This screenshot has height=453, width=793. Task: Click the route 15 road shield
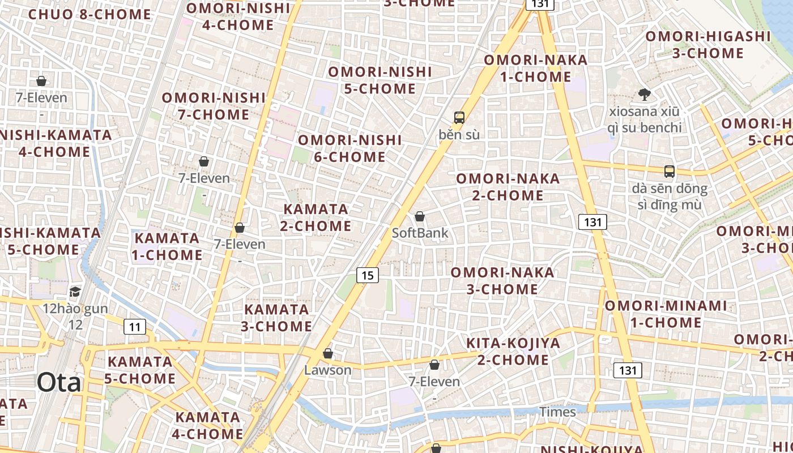[368, 275]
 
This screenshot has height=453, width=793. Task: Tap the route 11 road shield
[134, 327]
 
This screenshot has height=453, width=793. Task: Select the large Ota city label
[59, 383]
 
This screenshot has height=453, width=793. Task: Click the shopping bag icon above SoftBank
[420, 216]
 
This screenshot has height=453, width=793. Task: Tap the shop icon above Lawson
[327, 353]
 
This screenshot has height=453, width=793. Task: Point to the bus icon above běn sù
[459, 118]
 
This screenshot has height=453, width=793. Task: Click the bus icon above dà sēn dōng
[670, 171]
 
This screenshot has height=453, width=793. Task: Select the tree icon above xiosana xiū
[644, 95]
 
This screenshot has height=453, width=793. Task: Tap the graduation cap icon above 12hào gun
[75, 292]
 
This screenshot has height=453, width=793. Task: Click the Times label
[557, 412]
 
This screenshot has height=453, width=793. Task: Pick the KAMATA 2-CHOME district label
[316, 217]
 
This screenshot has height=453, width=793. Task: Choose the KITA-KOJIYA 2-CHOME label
[513, 351]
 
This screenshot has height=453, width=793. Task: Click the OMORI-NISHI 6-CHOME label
[350, 148]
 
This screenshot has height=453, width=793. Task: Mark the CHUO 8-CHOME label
[89, 14]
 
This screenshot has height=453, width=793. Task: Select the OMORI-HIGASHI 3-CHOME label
[708, 45]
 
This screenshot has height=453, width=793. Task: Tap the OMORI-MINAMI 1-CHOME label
[666, 314]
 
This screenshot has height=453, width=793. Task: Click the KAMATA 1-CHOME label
[167, 246]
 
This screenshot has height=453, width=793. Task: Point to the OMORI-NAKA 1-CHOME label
[535, 68]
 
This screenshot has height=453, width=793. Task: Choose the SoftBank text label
[420, 233]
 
